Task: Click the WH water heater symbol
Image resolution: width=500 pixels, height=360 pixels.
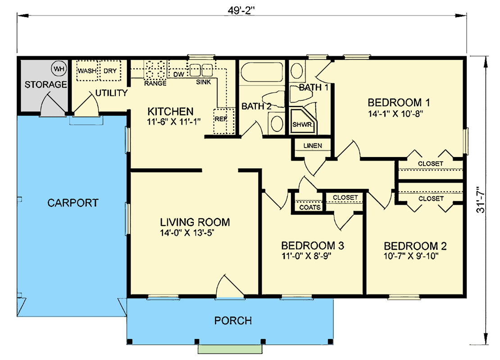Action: click(58, 69)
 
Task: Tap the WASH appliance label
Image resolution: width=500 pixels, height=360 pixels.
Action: click(86, 71)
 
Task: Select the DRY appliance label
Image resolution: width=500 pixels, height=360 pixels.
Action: click(110, 71)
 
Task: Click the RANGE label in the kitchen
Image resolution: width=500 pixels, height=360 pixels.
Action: click(155, 83)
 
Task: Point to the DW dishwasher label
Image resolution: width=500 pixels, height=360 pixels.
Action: click(178, 74)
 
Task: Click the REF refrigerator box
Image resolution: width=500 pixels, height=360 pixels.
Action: click(221, 119)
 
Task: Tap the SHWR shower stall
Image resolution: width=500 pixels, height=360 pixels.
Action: click(301, 124)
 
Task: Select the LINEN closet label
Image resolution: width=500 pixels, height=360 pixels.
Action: click(313, 146)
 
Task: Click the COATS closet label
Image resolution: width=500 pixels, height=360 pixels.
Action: click(310, 207)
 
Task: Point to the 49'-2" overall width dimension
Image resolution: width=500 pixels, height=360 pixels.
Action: click(242, 10)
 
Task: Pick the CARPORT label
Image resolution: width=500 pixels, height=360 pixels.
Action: click(73, 203)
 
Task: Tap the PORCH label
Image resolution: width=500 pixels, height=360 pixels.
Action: click(233, 321)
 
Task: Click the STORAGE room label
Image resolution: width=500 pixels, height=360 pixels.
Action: click(46, 85)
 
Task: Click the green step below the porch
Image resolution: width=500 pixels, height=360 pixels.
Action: click(231, 349)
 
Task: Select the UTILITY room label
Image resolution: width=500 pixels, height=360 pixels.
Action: click(111, 93)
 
